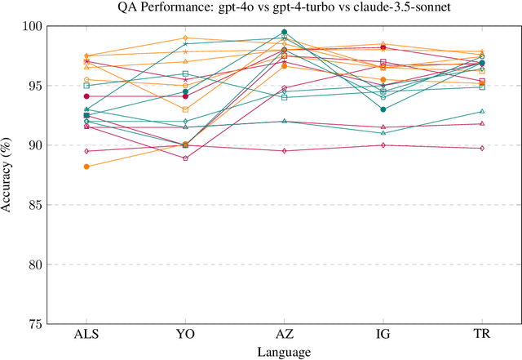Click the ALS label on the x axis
(86, 336)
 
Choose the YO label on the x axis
(185, 336)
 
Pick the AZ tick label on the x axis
(284, 336)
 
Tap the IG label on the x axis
(383, 336)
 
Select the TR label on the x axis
(481, 336)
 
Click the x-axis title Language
(284, 352)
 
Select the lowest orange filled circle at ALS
(86, 167)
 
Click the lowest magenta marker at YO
(185, 158)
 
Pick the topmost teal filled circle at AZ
(284, 32)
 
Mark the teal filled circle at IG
(383, 109)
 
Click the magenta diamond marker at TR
(481, 148)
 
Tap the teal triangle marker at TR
(481, 111)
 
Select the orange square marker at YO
(185, 109)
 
